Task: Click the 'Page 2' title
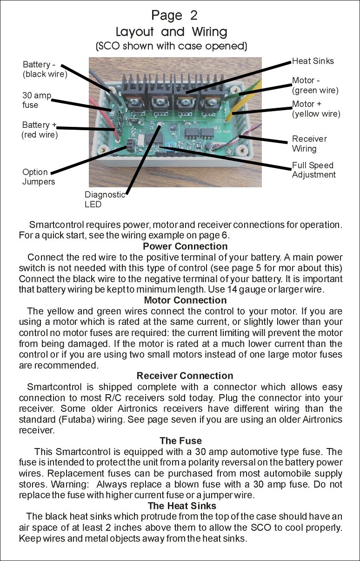pos(174,15)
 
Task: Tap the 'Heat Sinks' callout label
pos(313,61)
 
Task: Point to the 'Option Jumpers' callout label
pos(39,177)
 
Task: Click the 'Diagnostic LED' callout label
pos(105,199)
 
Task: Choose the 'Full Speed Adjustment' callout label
pos(313,170)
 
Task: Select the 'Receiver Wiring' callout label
pos(309,144)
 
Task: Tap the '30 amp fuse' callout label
pos(36,100)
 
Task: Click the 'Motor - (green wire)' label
pos(315,86)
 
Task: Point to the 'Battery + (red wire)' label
pos(40,130)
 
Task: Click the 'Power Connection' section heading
pos(185,246)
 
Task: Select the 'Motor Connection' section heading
pos(185,300)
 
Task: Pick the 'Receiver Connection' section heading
pos(185,376)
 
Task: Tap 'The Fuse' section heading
pos(180,441)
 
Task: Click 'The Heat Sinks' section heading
pos(182,505)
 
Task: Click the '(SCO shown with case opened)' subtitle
pos(171,46)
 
